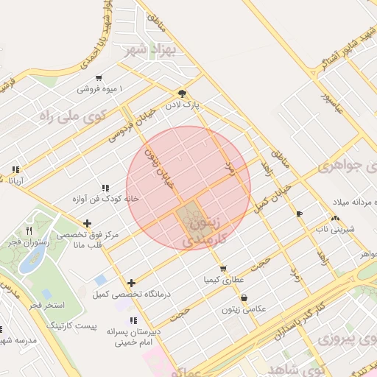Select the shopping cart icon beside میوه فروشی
point(98,78)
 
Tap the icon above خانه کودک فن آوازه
point(105,187)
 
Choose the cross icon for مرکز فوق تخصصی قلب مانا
point(88,223)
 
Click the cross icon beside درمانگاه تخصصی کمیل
point(132,283)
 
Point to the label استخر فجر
point(48,304)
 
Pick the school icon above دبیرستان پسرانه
point(133,320)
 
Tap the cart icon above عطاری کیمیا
point(223,269)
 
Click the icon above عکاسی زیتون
point(244,298)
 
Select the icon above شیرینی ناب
point(335,218)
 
